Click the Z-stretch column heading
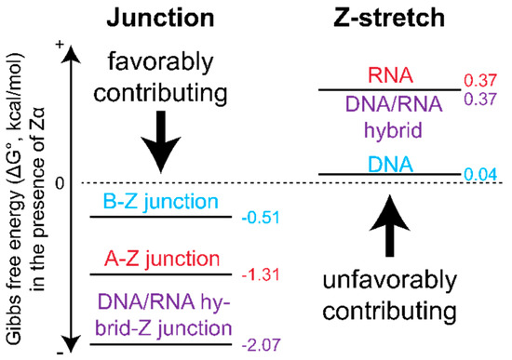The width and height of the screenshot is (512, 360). coord(388,18)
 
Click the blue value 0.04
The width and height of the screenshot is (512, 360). coord(480,174)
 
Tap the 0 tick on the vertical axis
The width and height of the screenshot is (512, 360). coord(59,182)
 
